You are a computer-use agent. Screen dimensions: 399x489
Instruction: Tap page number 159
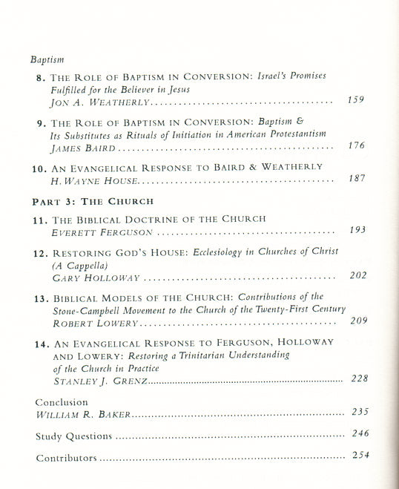click(x=355, y=100)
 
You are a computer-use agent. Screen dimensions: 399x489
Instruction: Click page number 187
click(x=357, y=179)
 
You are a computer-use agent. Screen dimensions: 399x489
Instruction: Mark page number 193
click(x=357, y=230)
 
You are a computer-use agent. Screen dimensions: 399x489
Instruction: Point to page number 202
click(x=357, y=276)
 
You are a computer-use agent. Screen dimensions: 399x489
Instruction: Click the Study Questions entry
click(x=73, y=436)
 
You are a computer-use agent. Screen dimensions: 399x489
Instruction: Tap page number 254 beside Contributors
click(x=360, y=456)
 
